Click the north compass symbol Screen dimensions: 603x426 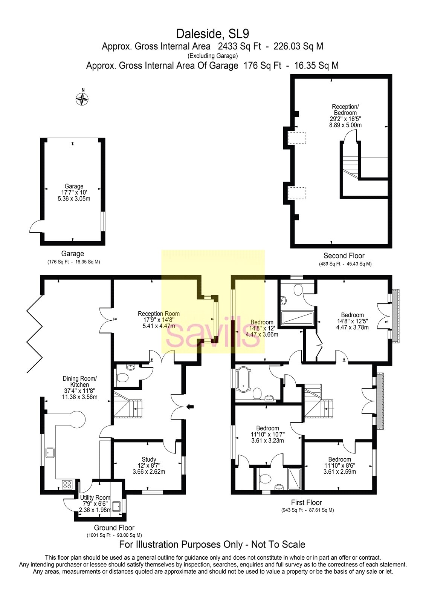pyautogui.click(x=82, y=99)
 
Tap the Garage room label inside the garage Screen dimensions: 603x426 pyautogui.click(x=74, y=192)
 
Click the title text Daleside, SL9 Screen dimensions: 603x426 pyautogui.click(x=212, y=34)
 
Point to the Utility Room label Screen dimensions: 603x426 pyautogui.click(x=95, y=504)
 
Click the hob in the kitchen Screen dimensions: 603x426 pyautogui.click(x=67, y=484)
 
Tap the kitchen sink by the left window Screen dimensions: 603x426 pyautogui.click(x=49, y=452)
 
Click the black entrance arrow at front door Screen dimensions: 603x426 pyautogui.click(x=191, y=406)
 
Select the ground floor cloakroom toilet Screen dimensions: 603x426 pyautogui.click(x=123, y=377)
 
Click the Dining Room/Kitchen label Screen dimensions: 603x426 pyautogui.click(x=79, y=387)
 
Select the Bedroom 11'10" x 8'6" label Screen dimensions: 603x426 pyautogui.click(x=339, y=465)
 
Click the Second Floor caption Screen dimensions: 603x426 pyautogui.click(x=344, y=256)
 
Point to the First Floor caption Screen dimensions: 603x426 pyautogui.click(x=306, y=502)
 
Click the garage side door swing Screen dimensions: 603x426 pyautogui.click(x=36, y=227)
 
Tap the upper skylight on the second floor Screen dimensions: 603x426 pyautogui.click(x=297, y=138)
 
